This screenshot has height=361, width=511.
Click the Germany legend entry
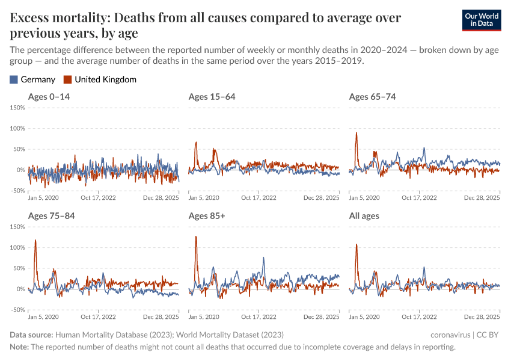tap(32, 79)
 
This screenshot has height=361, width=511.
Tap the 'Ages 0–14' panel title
tap(48, 97)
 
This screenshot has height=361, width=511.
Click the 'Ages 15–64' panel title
tap(212, 97)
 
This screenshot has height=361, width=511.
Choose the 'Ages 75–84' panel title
tap(51, 216)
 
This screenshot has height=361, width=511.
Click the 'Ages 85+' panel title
tap(206, 216)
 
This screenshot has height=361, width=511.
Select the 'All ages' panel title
tap(364, 216)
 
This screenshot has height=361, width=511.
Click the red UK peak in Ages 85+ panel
tap(196, 237)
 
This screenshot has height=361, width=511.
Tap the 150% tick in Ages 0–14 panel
tap(17, 108)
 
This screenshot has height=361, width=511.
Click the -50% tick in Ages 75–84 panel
tap(17, 310)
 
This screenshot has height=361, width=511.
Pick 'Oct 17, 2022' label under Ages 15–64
tap(259, 197)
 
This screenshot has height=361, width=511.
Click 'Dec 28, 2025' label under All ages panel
tap(482, 316)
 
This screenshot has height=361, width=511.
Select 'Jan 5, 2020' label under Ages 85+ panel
tap(204, 316)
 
